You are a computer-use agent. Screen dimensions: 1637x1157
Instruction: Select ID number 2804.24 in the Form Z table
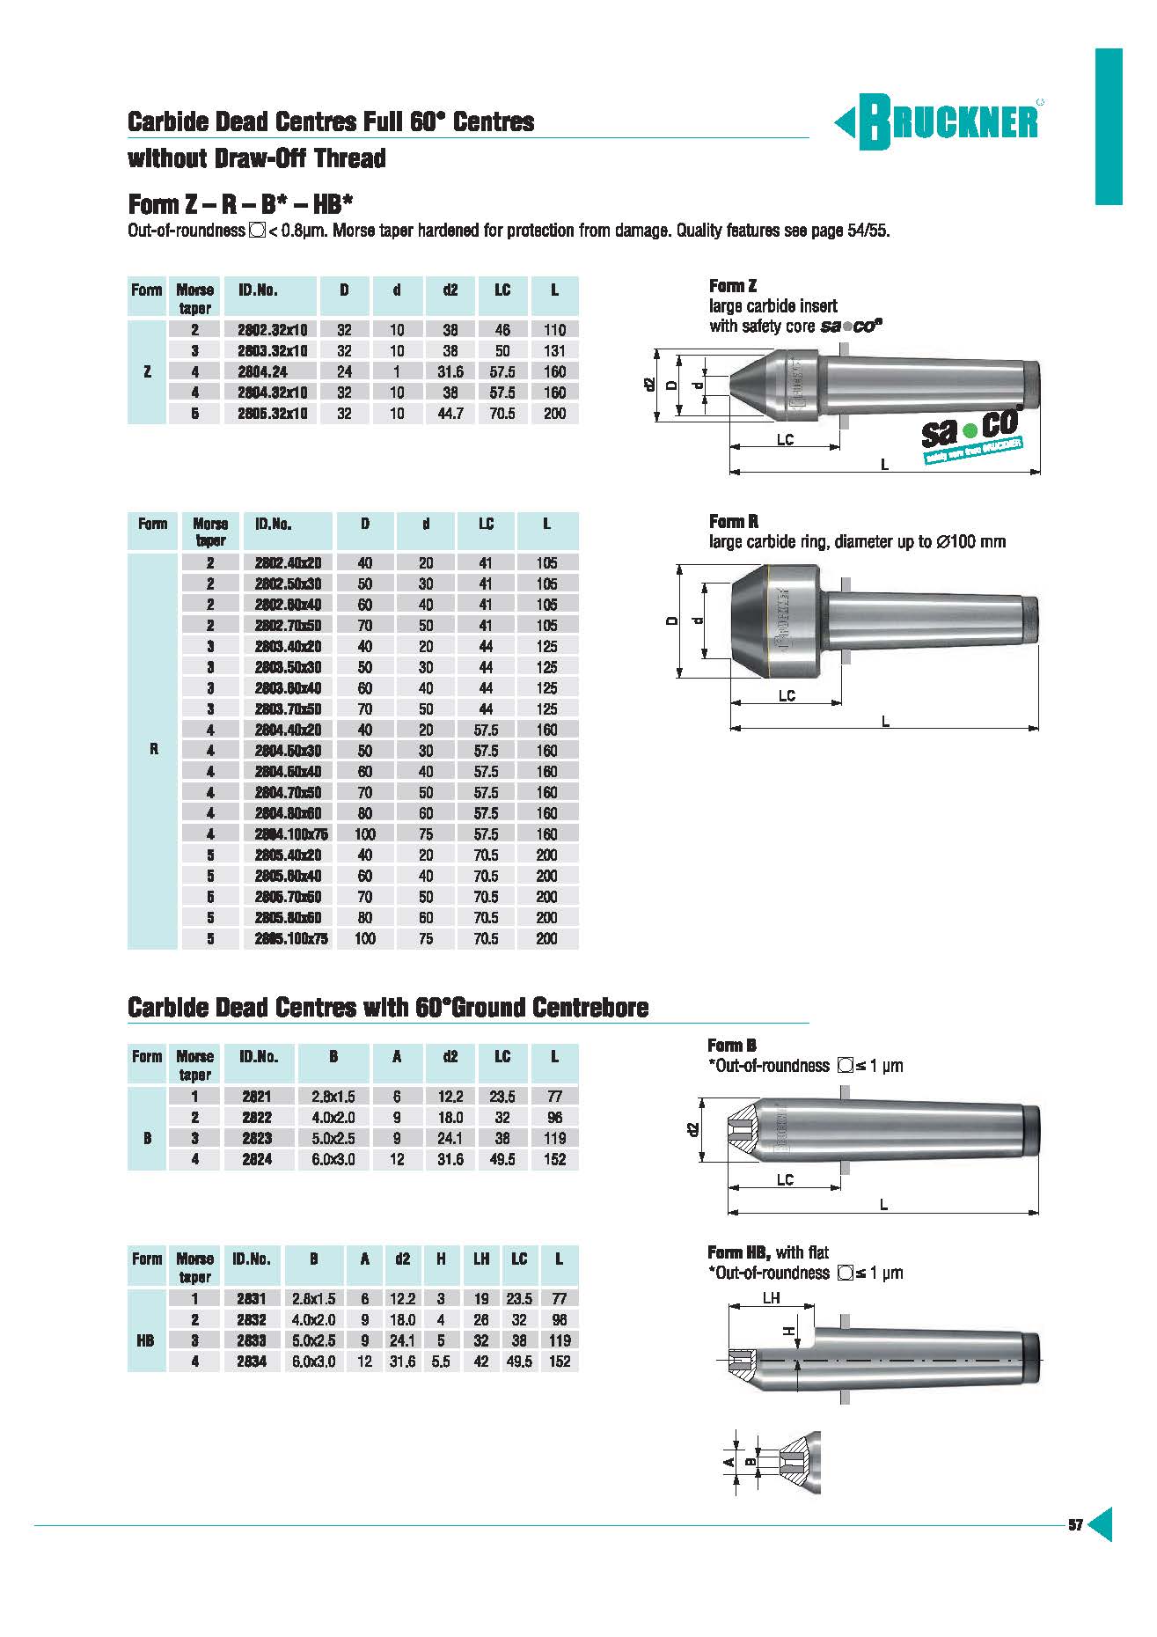[x=262, y=371]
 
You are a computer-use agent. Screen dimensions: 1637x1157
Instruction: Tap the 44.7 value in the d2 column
[x=450, y=414]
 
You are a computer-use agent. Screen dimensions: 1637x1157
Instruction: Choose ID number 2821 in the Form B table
[x=256, y=1097]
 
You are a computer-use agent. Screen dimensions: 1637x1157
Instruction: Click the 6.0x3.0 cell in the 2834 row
[x=313, y=1362]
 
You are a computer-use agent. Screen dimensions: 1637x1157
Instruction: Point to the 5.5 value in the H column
[x=441, y=1362]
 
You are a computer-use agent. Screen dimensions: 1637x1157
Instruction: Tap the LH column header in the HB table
[x=481, y=1259]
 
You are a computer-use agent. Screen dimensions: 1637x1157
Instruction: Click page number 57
[x=1075, y=1525]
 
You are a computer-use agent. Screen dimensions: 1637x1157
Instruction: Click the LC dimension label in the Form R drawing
[x=787, y=695]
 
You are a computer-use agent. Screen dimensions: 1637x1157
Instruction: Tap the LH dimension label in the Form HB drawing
[x=771, y=1298]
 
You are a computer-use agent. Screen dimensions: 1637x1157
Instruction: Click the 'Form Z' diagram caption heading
[x=733, y=286]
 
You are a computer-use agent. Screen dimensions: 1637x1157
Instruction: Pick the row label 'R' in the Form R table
[x=154, y=750]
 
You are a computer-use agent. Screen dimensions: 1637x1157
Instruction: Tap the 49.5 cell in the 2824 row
[x=502, y=1159]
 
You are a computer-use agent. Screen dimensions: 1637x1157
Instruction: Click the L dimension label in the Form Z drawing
[x=884, y=464]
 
